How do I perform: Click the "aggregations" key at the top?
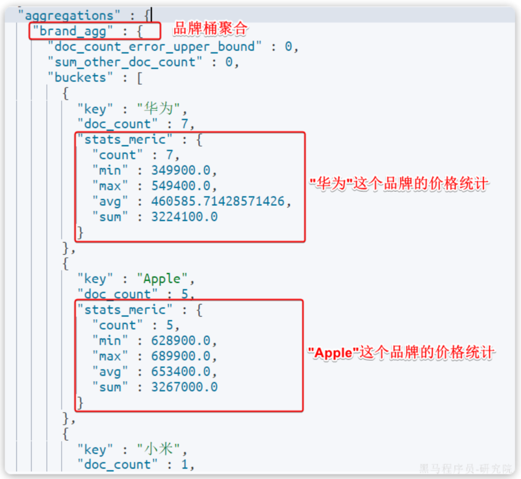pyautogui.click(x=69, y=16)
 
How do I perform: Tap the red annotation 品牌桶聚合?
pyautogui.click(x=210, y=29)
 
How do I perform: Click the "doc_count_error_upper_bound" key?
pyautogui.click(x=155, y=47)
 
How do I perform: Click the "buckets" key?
pyautogui.click(x=80, y=78)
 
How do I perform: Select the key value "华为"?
pyautogui.click(x=159, y=109)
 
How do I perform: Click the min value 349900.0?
pyautogui.click(x=181, y=170)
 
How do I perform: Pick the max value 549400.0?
pyautogui.click(x=181, y=186)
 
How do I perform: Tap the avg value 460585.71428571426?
pyautogui.click(x=218, y=201)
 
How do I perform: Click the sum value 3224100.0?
pyautogui.click(x=184, y=217)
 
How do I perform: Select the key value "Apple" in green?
pyautogui.click(x=162, y=279)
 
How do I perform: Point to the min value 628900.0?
pyautogui.click(x=181, y=341)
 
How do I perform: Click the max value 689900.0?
pyautogui.click(x=181, y=356)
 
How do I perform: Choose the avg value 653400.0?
pyautogui.click(x=181, y=372)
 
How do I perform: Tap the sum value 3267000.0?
pyautogui.click(x=184, y=387)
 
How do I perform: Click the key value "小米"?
pyautogui.click(x=159, y=449)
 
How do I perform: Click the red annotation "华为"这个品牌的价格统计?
pyautogui.click(x=399, y=184)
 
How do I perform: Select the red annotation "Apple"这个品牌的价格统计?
pyautogui.click(x=401, y=353)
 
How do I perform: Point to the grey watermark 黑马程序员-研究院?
pyautogui.click(x=465, y=469)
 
